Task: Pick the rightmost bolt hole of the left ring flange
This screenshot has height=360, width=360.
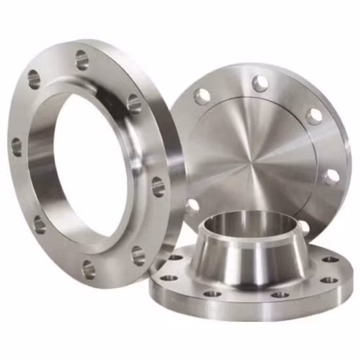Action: click(x=158, y=187)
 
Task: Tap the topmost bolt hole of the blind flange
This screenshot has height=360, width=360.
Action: click(x=261, y=83)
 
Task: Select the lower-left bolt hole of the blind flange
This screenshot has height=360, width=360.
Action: click(x=191, y=207)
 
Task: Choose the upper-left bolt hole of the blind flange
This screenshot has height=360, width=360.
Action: click(x=202, y=96)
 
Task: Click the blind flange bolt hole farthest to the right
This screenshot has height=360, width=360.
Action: click(x=331, y=177)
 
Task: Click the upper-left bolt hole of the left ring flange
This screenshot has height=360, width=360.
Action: click(x=34, y=80)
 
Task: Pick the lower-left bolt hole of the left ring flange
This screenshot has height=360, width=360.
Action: click(x=39, y=224)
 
